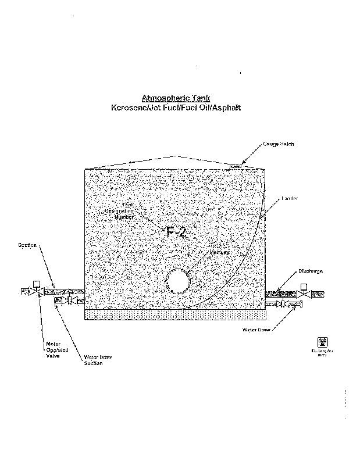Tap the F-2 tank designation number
point(176,232)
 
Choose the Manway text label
point(221,253)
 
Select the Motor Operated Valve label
point(54,350)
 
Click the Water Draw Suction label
point(94,360)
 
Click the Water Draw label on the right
point(256,330)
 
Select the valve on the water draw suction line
point(70,301)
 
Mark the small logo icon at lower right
point(322,342)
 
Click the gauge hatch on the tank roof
point(235,167)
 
